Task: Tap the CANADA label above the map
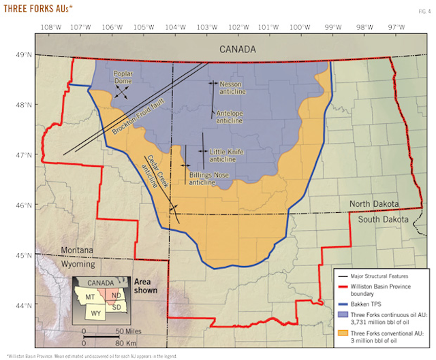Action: (x=238, y=50)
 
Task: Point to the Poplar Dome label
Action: (x=122, y=77)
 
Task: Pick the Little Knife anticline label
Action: (x=226, y=155)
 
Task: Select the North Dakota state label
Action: (x=377, y=204)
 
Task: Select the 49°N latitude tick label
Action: (x=25, y=55)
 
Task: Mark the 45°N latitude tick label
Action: (x=25, y=255)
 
